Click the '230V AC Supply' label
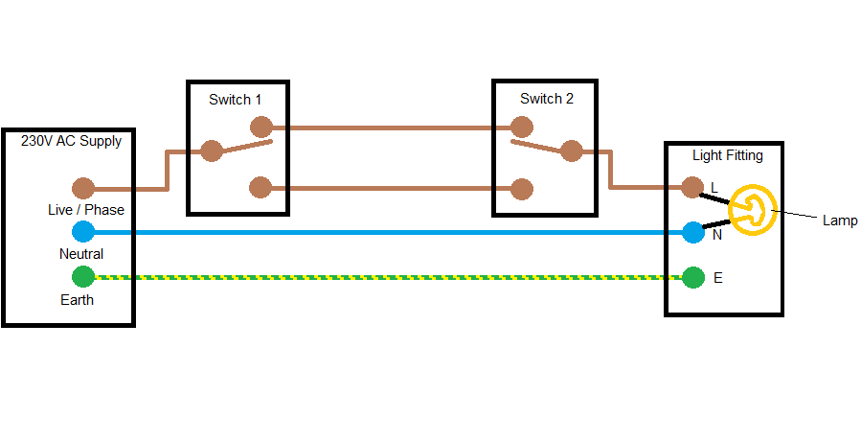[x=72, y=141]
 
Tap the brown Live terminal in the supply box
[x=83, y=189]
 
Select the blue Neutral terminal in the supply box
[x=83, y=232]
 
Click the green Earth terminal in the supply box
[x=83, y=278]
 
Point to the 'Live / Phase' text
[x=86, y=210]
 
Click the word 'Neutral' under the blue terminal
[x=81, y=254]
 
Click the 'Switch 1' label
[x=236, y=100]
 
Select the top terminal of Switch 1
[x=260, y=127]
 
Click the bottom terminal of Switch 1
[x=260, y=188]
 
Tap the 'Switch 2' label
[x=547, y=99]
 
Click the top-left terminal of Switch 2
[x=522, y=127]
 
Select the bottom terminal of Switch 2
[x=522, y=188]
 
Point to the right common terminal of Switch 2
[x=571, y=151]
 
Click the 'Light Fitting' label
[x=728, y=154]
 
